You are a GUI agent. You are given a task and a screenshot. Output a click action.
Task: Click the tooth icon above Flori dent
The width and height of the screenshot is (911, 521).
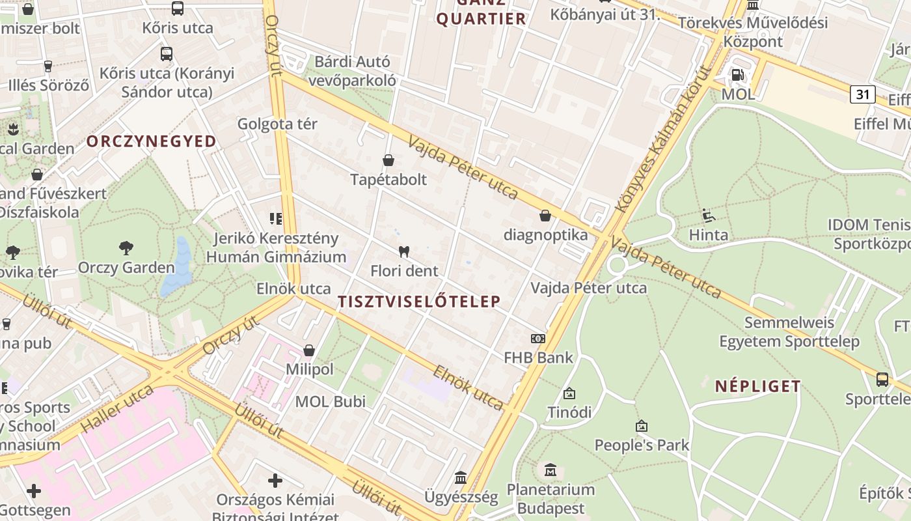(403, 251)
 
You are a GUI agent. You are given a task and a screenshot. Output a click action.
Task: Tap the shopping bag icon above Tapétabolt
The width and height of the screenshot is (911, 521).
(388, 160)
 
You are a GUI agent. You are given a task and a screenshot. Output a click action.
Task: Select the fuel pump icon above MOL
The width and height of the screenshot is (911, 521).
(737, 75)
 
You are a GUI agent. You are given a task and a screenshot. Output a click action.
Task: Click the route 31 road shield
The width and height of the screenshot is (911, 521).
(862, 94)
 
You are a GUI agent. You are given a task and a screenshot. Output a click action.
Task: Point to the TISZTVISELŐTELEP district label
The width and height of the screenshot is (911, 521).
(420, 302)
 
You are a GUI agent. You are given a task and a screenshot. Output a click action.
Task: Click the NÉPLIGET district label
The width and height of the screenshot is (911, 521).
(758, 386)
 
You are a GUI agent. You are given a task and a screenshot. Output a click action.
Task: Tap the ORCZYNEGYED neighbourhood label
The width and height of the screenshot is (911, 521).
(152, 141)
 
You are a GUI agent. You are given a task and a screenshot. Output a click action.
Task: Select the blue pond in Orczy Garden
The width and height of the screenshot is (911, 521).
(178, 267)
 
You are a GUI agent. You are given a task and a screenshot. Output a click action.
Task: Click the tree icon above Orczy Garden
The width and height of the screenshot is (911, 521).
(126, 248)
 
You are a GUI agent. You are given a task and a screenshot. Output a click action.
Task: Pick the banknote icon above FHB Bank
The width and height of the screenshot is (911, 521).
(538, 339)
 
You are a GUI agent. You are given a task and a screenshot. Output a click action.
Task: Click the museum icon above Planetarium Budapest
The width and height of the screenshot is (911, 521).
(551, 470)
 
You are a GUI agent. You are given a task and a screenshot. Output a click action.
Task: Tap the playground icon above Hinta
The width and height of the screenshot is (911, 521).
(709, 216)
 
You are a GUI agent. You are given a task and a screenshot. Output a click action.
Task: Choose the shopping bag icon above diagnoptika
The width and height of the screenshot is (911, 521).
(545, 216)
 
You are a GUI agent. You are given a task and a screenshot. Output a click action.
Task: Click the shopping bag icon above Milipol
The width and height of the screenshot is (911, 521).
(309, 351)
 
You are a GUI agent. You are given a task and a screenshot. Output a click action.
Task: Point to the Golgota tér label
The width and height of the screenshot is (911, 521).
(277, 124)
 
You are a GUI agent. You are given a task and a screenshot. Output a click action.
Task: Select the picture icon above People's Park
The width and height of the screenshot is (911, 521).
(642, 427)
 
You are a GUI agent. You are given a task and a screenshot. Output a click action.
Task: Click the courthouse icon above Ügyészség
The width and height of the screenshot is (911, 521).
(461, 478)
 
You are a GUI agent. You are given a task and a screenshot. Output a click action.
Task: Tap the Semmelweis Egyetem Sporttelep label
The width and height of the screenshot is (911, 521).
(789, 332)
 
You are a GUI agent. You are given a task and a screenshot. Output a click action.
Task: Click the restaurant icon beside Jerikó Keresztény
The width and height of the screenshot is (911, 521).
(276, 219)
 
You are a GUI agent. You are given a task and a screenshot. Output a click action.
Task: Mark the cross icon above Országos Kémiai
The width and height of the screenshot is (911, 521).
(275, 481)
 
